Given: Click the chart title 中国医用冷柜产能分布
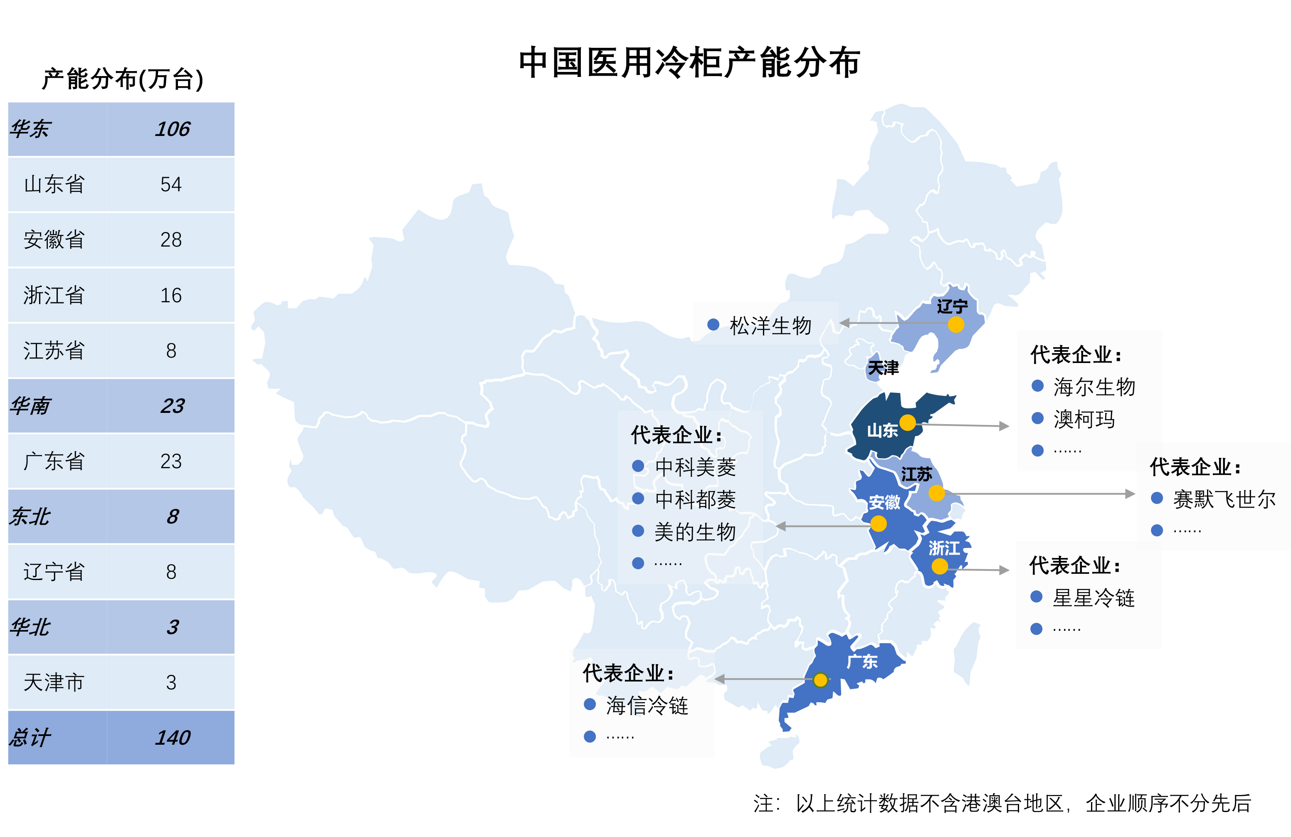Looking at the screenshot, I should (689, 62).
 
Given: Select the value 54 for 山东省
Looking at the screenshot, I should (171, 185).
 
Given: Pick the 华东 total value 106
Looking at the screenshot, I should (173, 129).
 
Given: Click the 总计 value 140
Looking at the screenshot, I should (173, 738).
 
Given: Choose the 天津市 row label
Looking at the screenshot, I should (54, 682).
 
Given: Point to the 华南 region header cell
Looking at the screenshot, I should (31, 406).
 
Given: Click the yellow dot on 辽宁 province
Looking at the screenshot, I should (956, 324).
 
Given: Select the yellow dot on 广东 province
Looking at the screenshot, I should (821, 680).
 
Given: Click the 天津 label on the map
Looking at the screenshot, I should (883, 368).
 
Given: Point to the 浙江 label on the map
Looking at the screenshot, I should (944, 548).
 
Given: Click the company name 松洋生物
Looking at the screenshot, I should (770, 326).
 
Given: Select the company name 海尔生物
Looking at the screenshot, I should (1094, 387).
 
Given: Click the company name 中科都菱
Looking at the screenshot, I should (696, 499).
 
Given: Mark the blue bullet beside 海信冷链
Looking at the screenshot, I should (590, 704).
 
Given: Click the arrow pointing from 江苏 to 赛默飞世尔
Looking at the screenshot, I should (1042, 494).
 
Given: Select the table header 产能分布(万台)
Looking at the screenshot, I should (123, 79).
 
